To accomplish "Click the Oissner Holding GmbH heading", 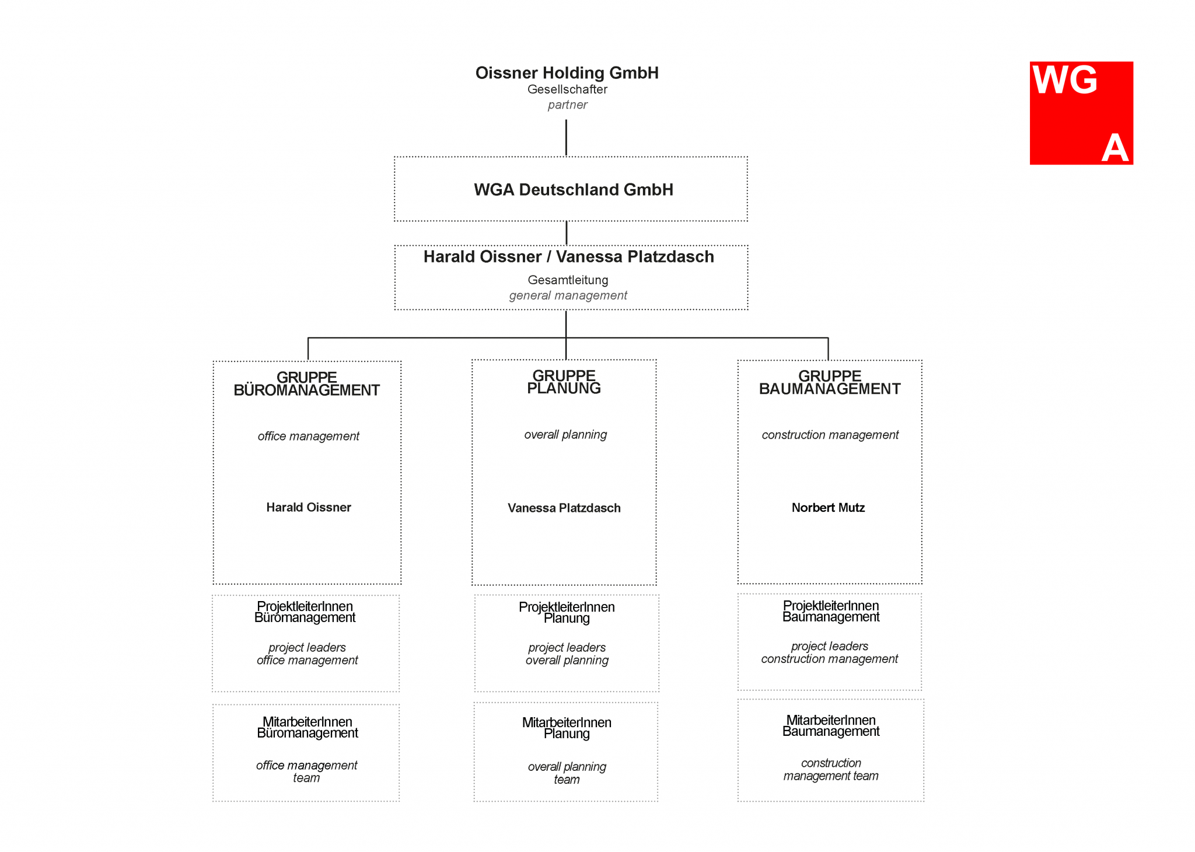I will tap(567, 73).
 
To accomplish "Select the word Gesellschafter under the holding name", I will tap(567, 89).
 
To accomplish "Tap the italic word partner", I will tap(567, 105).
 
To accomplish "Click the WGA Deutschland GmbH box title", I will tap(573, 190).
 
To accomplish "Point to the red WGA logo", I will tap(1081, 113).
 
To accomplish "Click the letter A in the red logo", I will tap(1114, 148).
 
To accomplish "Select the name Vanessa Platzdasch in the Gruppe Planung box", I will tap(564, 508).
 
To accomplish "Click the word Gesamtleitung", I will tap(568, 280).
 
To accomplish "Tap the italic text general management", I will tap(568, 295).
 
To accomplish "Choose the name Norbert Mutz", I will tap(827, 508).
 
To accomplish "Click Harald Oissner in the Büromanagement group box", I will tap(308, 507).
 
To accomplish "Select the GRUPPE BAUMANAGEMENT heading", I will tap(829, 383).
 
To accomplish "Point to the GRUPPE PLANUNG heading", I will tap(564, 382).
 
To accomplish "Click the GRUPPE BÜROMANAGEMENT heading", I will tap(306, 384).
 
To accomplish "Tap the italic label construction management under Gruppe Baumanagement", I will tap(829, 435).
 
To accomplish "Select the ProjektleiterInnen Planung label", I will tap(566, 612).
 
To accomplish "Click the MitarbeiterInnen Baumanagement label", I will tap(830, 725).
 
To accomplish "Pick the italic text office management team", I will tap(306, 771).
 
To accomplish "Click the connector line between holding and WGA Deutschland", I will tap(566, 138).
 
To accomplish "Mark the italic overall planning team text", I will tap(567, 773).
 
